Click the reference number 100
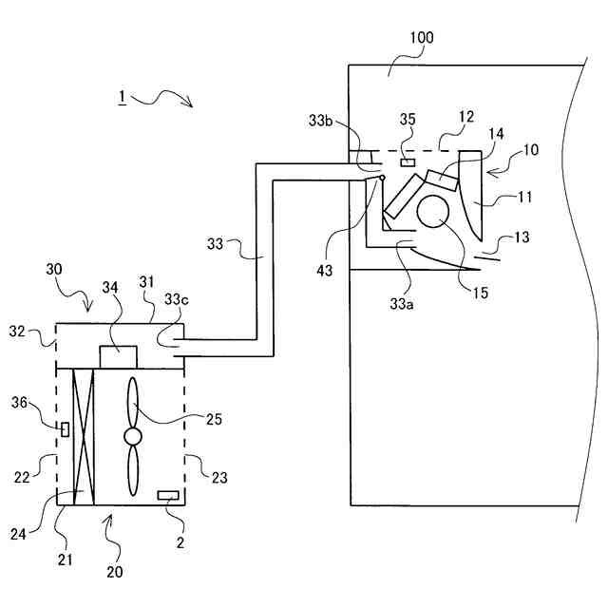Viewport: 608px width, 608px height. click(x=421, y=38)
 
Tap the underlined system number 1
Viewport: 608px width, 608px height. click(x=122, y=97)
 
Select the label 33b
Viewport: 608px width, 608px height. click(x=319, y=122)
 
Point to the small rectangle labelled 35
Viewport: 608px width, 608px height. click(x=408, y=161)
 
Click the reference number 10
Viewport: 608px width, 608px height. click(x=530, y=150)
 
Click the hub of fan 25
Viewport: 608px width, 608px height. click(x=133, y=435)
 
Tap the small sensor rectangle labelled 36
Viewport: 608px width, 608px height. click(x=65, y=429)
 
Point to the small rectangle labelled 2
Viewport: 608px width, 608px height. click(x=169, y=495)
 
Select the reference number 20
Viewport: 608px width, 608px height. click(x=114, y=573)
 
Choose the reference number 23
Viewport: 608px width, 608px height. click(x=218, y=479)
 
